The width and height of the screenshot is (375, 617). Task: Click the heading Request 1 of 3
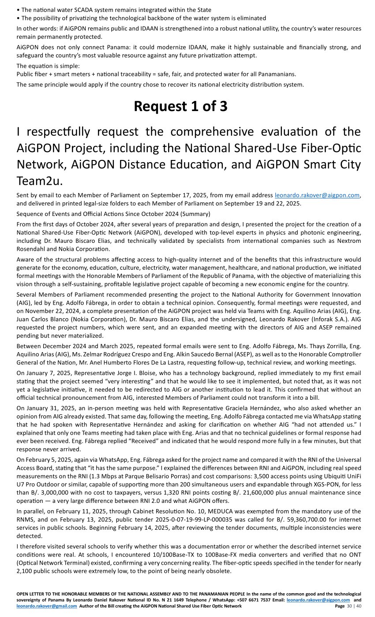(x=180, y=106)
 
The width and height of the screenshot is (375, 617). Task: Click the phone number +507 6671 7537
(x=243, y=600)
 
